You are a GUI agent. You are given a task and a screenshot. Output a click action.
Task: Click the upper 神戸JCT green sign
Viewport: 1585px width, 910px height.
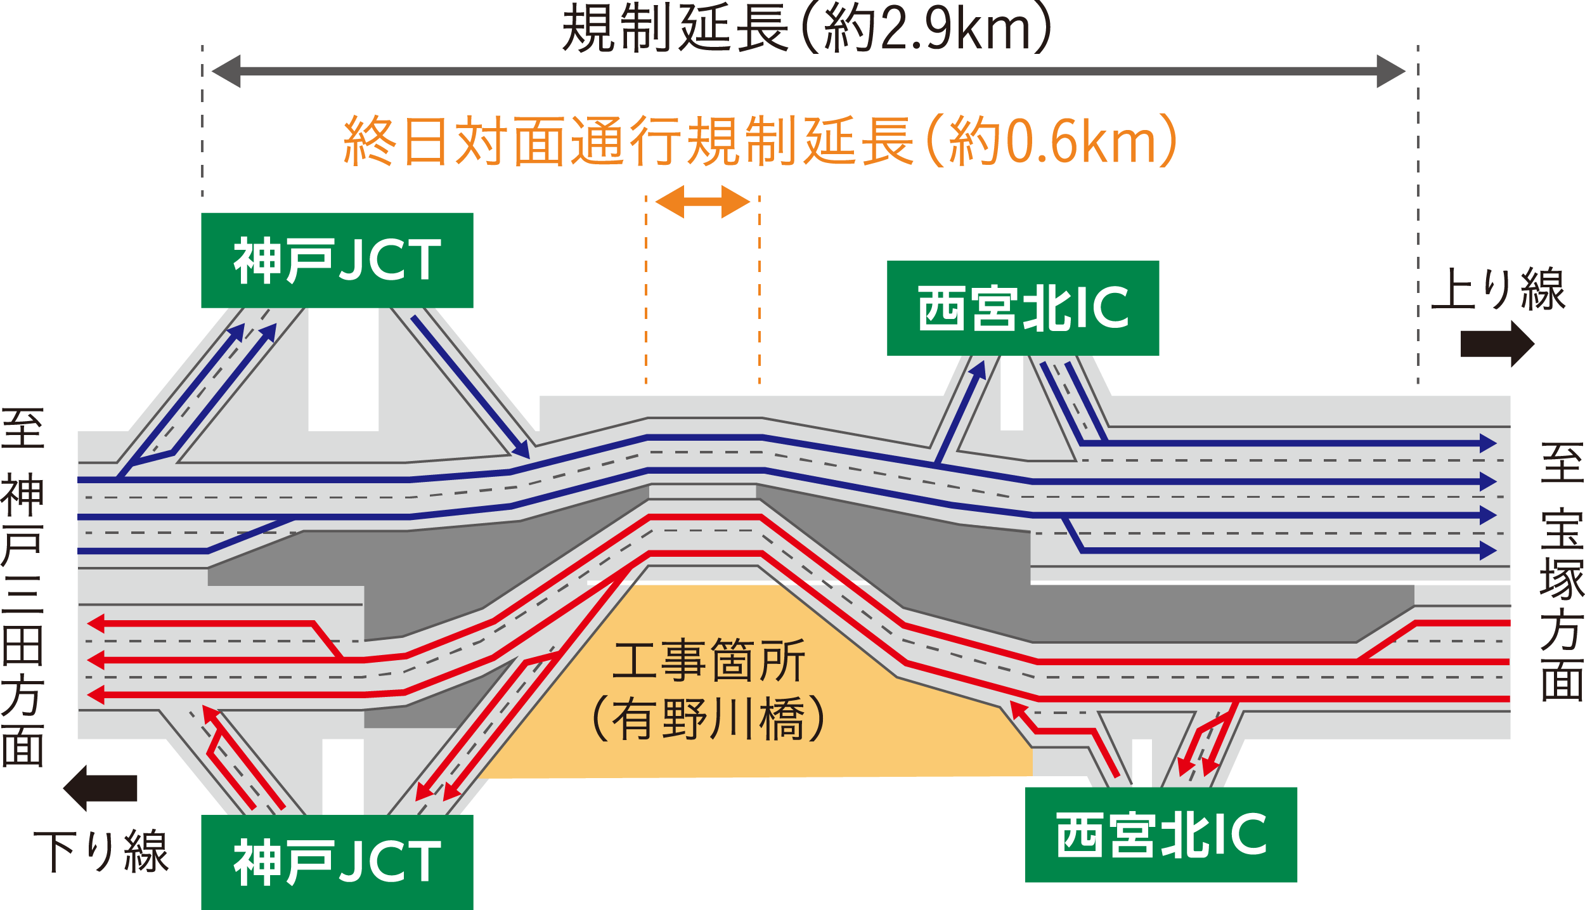(x=337, y=260)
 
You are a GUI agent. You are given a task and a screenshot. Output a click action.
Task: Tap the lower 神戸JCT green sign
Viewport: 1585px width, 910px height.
(x=337, y=862)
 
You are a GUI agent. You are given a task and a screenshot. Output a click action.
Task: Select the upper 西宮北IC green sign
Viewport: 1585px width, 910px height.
(x=1023, y=308)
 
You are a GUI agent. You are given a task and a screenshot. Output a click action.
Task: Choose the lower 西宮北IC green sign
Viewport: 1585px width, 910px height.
(x=1161, y=835)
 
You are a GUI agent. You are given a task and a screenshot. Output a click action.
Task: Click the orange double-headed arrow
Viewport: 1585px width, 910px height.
(x=702, y=202)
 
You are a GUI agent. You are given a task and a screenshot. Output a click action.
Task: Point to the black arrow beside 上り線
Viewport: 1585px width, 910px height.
(x=1498, y=344)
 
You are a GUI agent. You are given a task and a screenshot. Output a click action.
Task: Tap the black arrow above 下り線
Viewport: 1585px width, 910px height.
(x=100, y=788)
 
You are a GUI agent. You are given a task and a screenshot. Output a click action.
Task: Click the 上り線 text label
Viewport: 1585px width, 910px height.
(x=1499, y=289)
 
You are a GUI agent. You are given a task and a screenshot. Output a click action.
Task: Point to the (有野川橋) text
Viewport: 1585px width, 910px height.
(x=709, y=718)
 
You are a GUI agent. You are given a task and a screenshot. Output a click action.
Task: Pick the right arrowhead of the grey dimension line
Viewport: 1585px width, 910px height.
(x=1391, y=71)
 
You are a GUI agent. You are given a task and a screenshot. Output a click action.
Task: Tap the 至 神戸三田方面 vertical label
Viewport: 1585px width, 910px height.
(x=23, y=587)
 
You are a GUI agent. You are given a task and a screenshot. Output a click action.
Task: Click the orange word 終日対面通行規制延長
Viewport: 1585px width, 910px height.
(x=628, y=141)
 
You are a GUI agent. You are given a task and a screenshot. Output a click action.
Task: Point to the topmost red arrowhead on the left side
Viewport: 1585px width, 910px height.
(x=95, y=623)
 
